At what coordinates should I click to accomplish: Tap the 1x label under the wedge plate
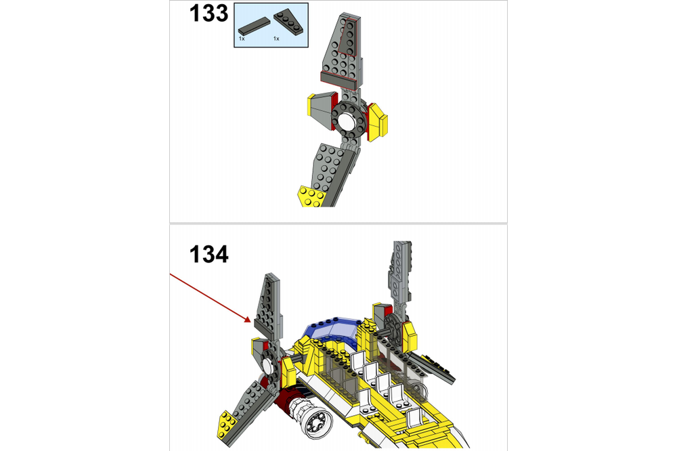(x=276, y=39)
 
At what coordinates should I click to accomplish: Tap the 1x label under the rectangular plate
(x=242, y=39)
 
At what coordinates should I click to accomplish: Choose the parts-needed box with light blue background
(x=271, y=24)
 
